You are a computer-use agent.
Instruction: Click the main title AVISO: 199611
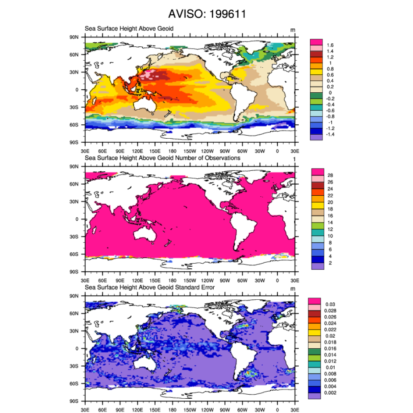pyautogui.click(x=207, y=15)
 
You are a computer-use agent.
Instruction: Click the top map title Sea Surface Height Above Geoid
pyautogui.click(x=129, y=29)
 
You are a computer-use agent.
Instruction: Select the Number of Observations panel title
pyautogui.click(x=162, y=158)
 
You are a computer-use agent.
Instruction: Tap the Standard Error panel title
pyautogui.click(x=149, y=288)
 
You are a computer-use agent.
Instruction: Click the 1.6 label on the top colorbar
pyautogui.click(x=330, y=45)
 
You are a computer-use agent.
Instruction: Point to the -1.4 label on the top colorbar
pyautogui.click(x=331, y=134)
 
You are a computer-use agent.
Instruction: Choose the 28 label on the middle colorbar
pyautogui.click(x=330, y=175)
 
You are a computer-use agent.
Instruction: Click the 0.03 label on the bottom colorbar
pyautogui.click(x=332, y=304)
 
